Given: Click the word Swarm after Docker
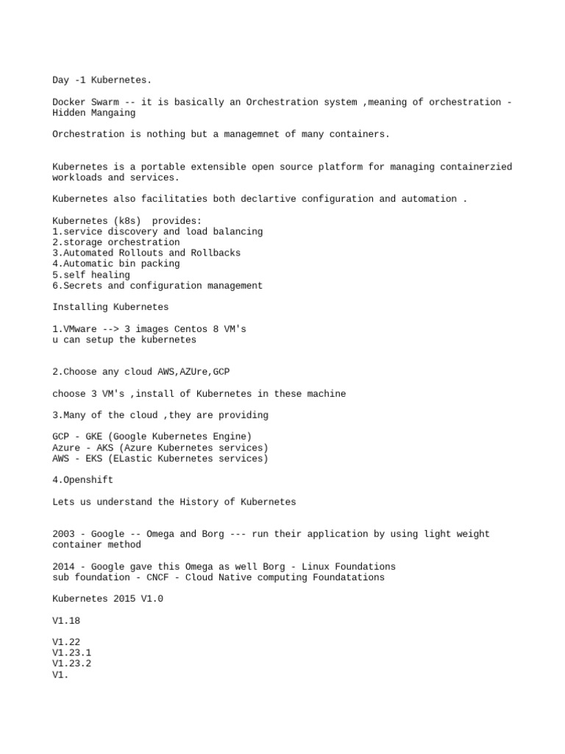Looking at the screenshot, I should coord(102,102).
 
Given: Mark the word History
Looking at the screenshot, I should coord(199,501).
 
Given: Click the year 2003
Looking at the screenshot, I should coord(63,534).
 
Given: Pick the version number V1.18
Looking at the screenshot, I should coord(66,621).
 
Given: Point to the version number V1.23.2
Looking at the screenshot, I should coord(72,663).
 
